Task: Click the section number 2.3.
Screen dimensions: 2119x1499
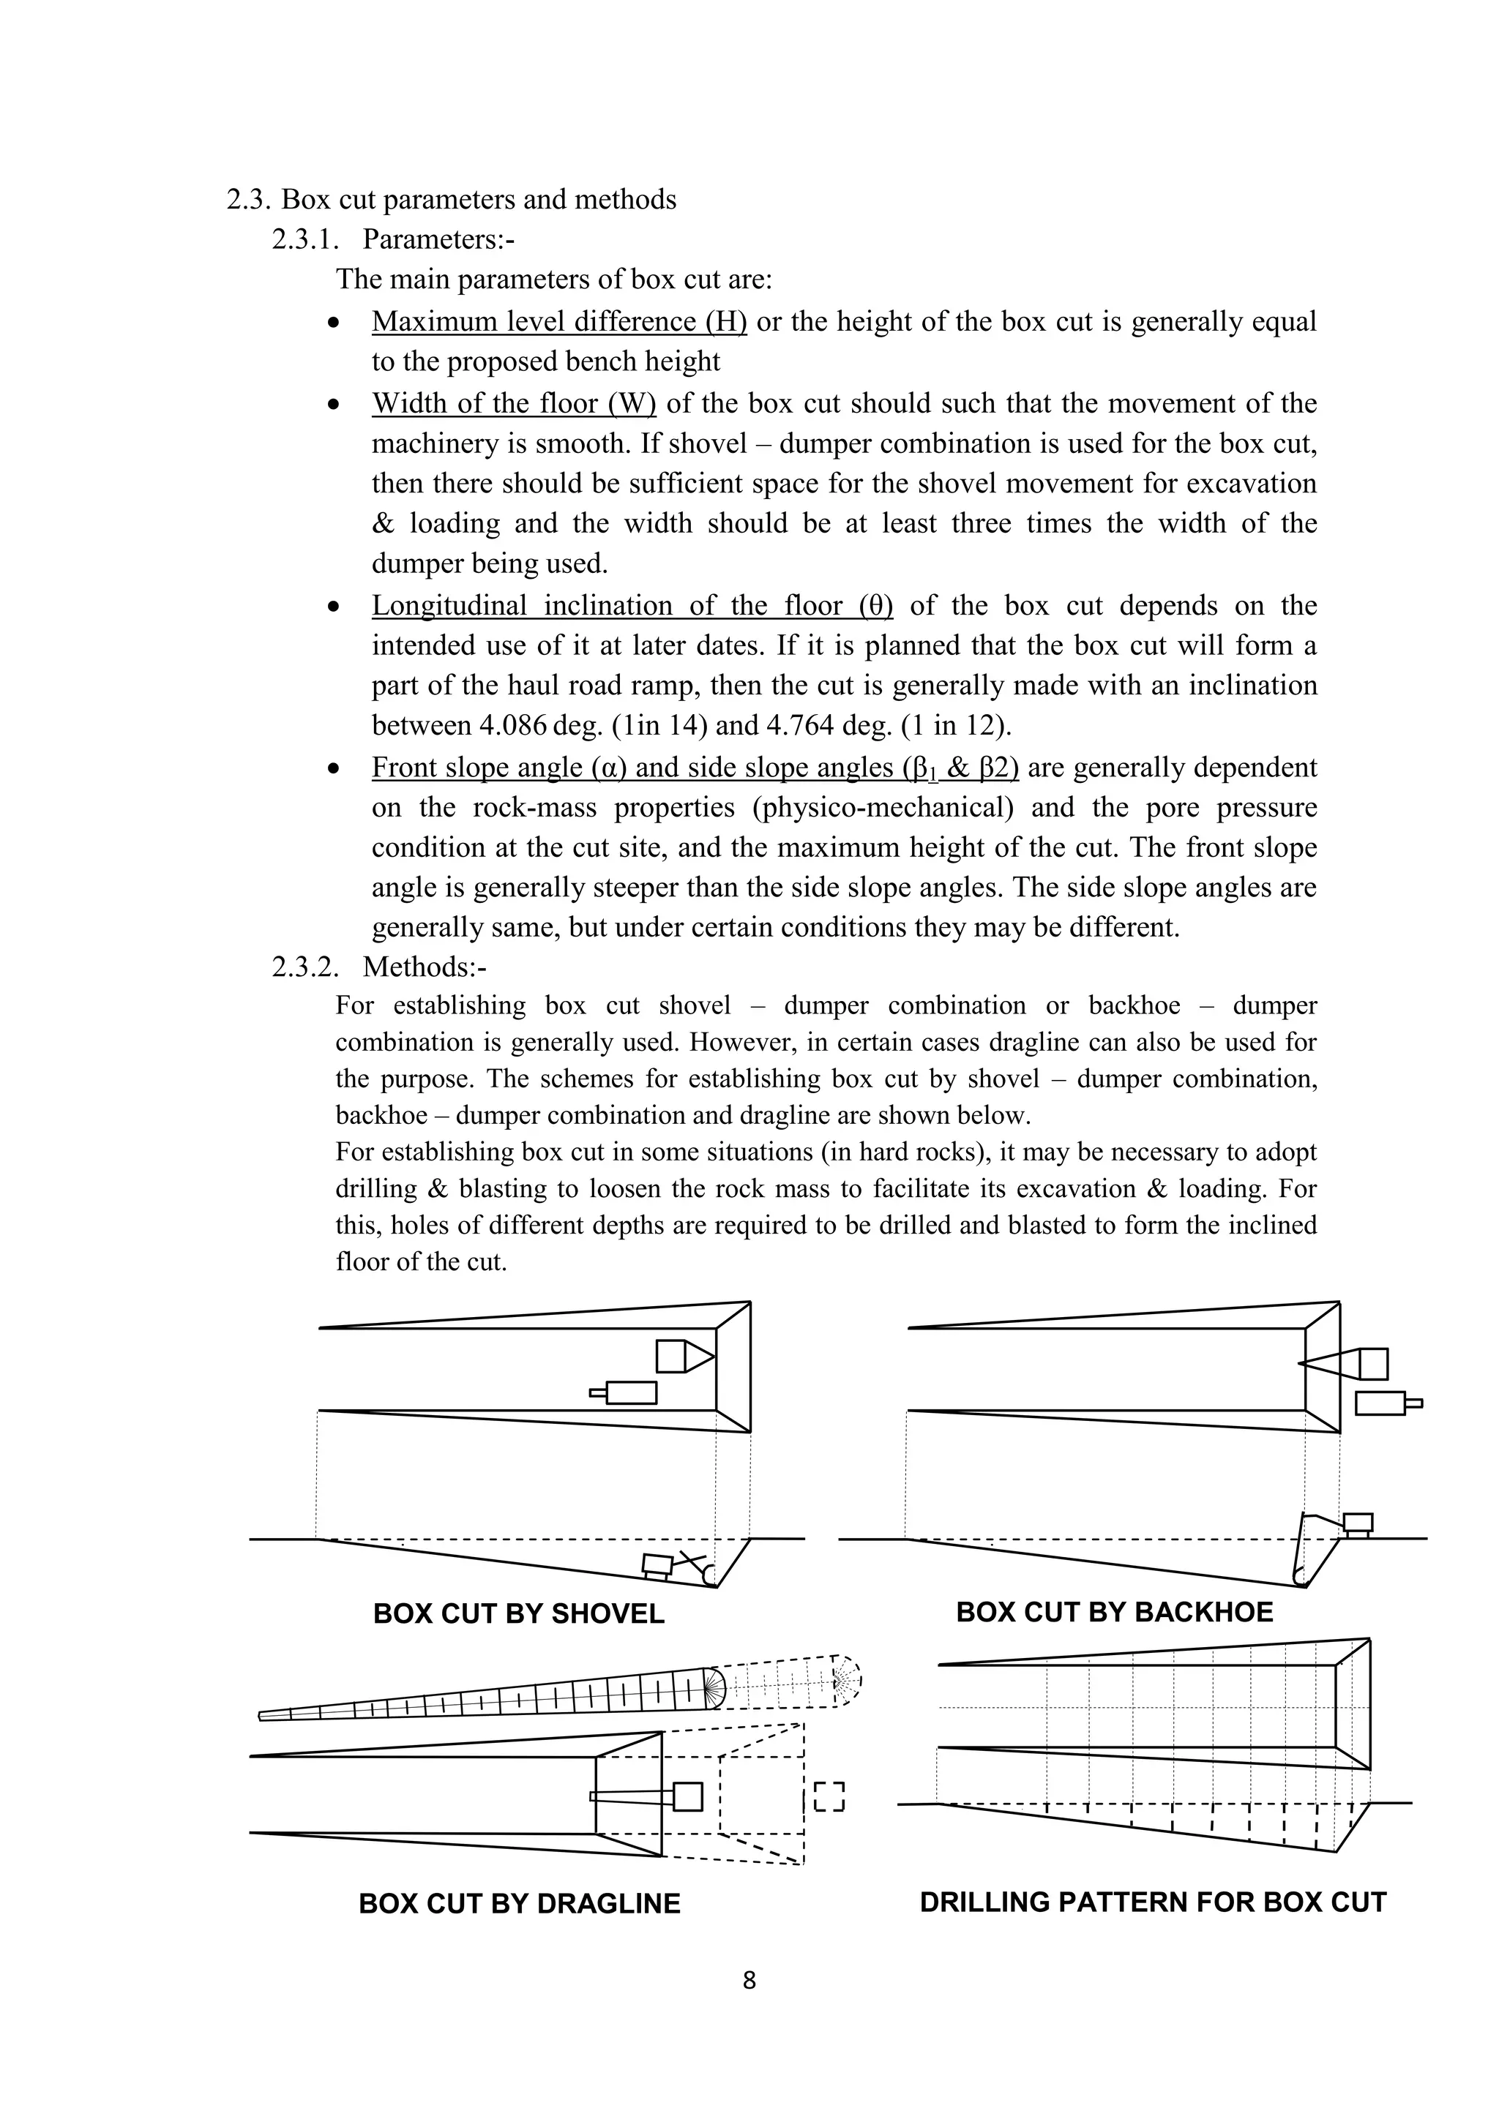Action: pos(248,199)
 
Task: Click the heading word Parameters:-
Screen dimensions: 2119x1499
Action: pos(438,239)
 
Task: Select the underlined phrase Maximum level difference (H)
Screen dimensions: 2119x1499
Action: pos(558,321)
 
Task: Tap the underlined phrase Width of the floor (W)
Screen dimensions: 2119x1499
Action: pos(513,403)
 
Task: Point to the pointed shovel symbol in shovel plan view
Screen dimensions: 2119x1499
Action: pos(685,1356)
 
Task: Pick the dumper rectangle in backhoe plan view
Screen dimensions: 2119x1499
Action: pos(1380,1403)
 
